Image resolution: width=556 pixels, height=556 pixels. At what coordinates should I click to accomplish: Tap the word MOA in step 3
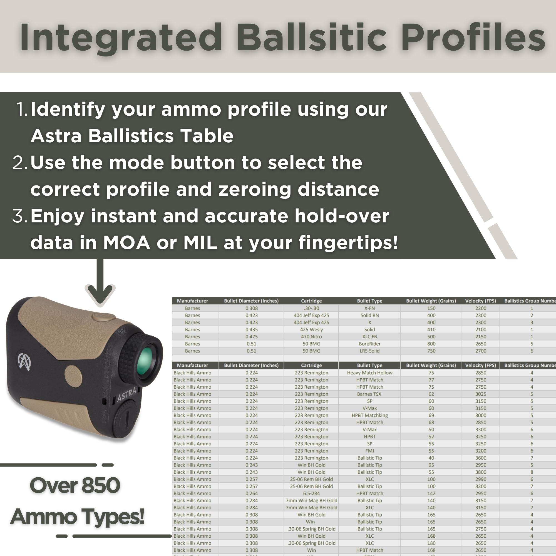coord(126,243)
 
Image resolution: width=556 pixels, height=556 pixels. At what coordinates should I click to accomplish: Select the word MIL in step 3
coord(200,243)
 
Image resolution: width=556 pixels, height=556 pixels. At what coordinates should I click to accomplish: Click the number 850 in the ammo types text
coord(101,485)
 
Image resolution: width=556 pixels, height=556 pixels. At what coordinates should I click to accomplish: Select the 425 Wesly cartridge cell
coord(311,329)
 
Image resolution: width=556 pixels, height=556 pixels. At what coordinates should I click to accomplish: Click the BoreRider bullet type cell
coord(369,344)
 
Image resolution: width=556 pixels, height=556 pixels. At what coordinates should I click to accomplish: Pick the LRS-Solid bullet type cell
coord(369,351)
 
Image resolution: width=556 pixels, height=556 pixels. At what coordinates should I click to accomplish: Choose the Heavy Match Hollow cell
coord(369,373)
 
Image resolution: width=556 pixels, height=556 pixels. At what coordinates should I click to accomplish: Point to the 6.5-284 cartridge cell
coord(311,493)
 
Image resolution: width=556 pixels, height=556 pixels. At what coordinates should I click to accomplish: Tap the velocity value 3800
coord(481,472)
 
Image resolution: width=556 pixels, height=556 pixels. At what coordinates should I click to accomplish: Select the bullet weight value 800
coord(431,344)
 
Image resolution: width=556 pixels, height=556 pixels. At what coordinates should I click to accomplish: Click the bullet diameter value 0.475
coord(252,336)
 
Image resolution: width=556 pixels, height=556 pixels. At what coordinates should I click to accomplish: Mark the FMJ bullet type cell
coord(369,451)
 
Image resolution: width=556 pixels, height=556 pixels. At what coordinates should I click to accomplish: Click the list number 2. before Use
coord(19,163)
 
